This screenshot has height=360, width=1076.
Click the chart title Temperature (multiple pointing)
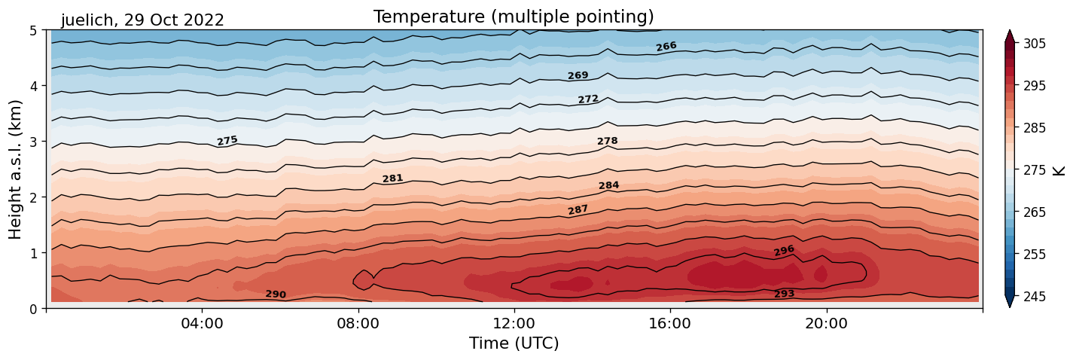click(x=514, y=17)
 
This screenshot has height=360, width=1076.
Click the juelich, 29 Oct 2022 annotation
click(x=142, y=20)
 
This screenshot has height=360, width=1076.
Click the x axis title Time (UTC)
click(x=514, y=343)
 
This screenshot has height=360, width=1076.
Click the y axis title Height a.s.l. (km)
click(x=16, y=169)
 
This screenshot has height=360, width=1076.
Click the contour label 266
click(x=666, y=47)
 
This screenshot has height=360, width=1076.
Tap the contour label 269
click(x=578, y=75)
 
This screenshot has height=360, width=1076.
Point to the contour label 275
click(x=227, y=140)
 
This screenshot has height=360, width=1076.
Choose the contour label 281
click(x=392, y=178)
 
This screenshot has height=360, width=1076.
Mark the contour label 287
click(x=578, y=209)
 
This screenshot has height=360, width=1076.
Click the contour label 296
click(x=784, y=251)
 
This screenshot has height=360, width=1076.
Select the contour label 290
click(x=276, y=294)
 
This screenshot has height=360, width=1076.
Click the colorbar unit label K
click(x=1059, y=170)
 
